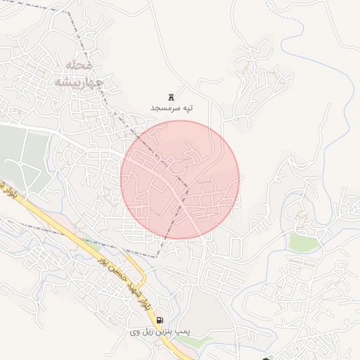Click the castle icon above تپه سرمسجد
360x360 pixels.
(x=171, y=96)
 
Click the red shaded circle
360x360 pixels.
(x=180, y=180)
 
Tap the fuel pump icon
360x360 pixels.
(x=160, y=321)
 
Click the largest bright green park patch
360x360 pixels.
(x=304, y=242)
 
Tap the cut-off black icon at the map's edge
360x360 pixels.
(x=265, y=357)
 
